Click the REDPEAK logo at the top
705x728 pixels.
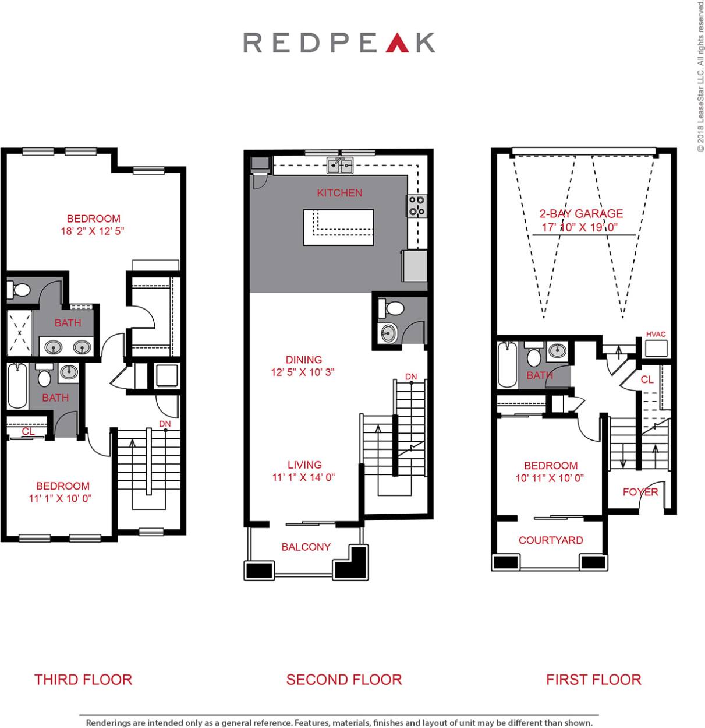point(339,43)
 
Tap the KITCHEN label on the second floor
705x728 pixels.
point(339,193)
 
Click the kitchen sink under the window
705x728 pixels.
point(340,166)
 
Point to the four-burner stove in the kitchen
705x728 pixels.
point(416,205)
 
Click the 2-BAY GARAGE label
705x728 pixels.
point(581,214)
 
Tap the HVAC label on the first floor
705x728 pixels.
point(656,334)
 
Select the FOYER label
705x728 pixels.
point(640,492)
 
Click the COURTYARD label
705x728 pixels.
point(551,540)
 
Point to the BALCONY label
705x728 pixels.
point(306,547)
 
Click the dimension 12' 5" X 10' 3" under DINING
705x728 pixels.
point(303,372)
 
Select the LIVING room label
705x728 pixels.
point(304,465)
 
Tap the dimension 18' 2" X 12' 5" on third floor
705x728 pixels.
point(93,231)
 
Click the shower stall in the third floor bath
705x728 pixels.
point(19,332)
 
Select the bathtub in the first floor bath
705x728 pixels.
point(508,365)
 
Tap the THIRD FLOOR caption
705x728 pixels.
point(83,680)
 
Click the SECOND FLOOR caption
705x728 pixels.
point(344,680)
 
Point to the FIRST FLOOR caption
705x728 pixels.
point(594,680)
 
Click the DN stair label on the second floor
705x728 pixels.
point(411,377)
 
